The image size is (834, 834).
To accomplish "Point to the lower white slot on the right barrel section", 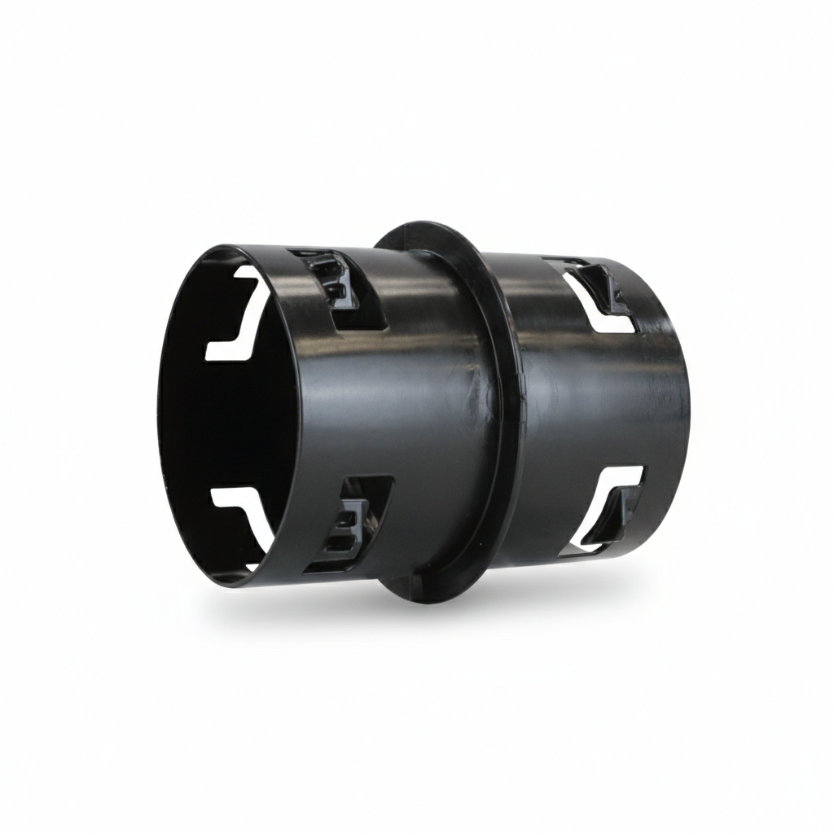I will click(x=607, y=505).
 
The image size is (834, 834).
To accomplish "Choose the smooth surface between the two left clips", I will click(x=367, y=407).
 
